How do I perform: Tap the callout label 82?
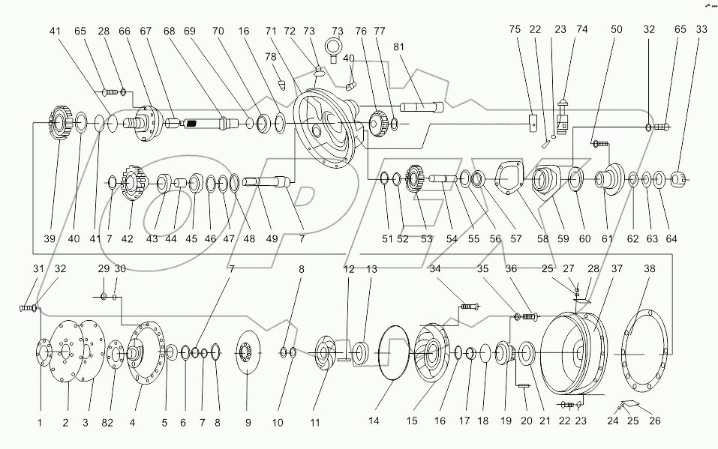tap(108, 422)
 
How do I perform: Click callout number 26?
tap(654, 422)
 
